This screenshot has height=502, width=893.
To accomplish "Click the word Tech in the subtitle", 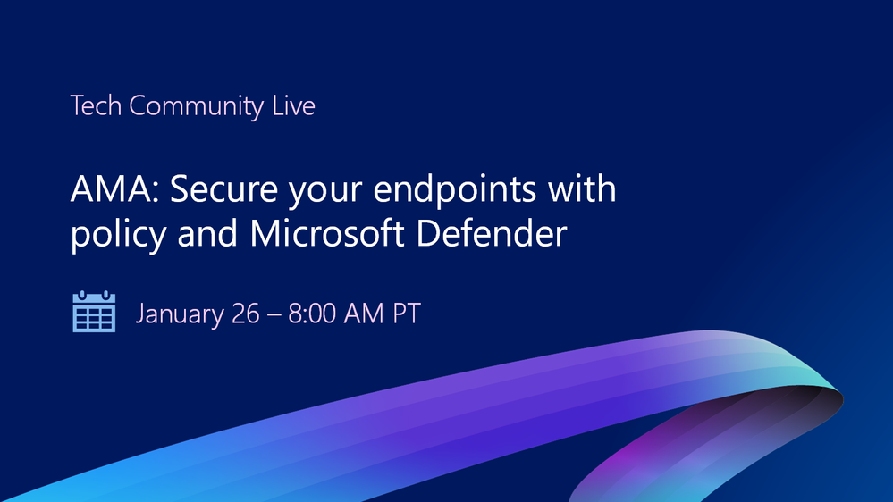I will tap(97, 106).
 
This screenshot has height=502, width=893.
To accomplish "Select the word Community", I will tap(197, 106).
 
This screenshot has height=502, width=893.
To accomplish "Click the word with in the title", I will tap(583, 191).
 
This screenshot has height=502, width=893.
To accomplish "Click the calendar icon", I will tap(94, 312).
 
